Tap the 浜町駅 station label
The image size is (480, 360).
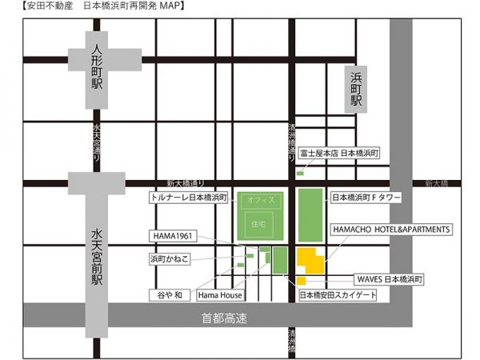click(x=356, y=89)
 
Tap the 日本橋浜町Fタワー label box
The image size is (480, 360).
click(x=366, y=197)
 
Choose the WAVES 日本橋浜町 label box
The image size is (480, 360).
click(x=390, y=280)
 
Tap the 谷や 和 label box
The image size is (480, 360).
click(x=169, y=296)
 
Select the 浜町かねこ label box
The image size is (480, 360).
click(x=170, y=260)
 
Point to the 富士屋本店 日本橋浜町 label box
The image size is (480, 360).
click(x=338, y=153)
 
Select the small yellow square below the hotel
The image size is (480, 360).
click(x=302, y=281)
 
